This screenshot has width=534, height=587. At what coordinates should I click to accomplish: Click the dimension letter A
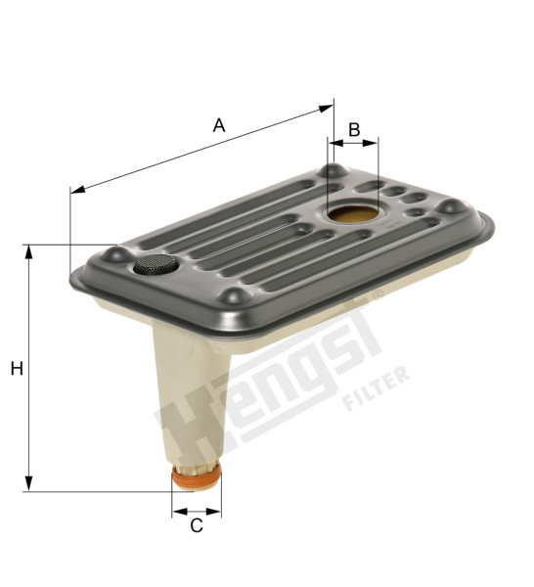click(x=219, y=125)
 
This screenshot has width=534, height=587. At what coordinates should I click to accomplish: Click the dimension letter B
click(x=354, y=129)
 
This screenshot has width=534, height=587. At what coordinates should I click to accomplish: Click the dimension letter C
click(x=197, y=525)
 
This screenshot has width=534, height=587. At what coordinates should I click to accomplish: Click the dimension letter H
click(x=17, y=369)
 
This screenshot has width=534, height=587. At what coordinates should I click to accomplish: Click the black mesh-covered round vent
click(x=156, y=264)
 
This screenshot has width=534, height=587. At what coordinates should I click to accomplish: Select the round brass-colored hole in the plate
click(x=353, y=214)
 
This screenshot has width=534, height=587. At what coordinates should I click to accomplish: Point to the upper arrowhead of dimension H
click(x=28, y=251)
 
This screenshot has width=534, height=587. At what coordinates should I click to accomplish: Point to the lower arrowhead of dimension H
click(x=28, y=483)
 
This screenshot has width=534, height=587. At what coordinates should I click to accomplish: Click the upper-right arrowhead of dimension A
click(x=326, y=109)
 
